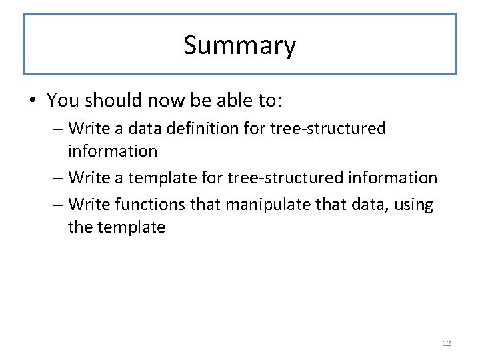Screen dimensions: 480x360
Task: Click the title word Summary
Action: pyautogui.click(x=239, y=46)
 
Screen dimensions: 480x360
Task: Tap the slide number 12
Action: pyautogui.click(x=447, y=343)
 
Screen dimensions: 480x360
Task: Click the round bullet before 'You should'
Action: pyautogui.click(x=32, y=101)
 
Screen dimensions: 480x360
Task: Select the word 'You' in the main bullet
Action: pyautogui.click(x=63, y=101)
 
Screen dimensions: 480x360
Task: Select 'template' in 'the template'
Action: pyautogui.click(x=131, y=227)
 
